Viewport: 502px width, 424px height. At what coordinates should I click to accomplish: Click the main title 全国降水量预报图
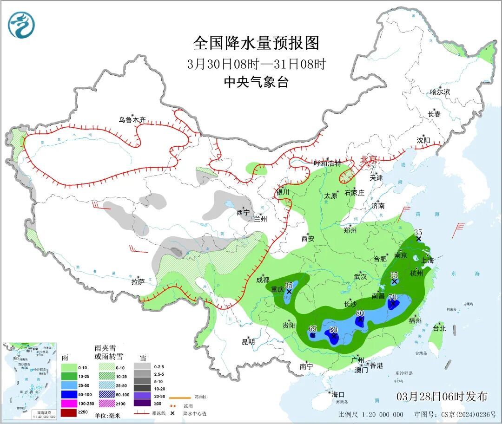pyautogui.click(x=256, y=43)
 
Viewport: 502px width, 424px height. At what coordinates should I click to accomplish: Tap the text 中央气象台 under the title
pyautogui.click(x=256, y=82)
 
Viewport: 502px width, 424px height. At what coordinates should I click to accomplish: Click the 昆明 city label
pyautogui.click(x=248, y=342)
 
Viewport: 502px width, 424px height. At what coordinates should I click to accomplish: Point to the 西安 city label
pyautogui.click(x=308, y=239)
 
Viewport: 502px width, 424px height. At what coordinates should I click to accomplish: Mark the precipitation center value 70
pyautogui.click(x=392, y=297)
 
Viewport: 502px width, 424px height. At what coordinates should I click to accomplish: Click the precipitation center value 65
pyautogui.click(x=313, y=328)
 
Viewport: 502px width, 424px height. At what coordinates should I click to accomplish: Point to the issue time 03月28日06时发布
pyautogui.click(x=442, y=397)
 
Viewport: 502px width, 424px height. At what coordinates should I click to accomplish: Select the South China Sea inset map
pyautogui.click(x=30, y=381)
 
